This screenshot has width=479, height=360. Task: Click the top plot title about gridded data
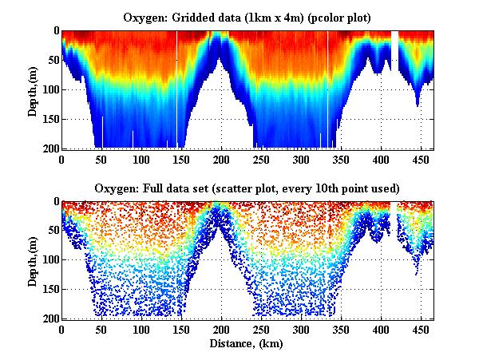click(x=248, y=17)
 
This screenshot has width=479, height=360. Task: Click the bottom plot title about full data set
click(x=248, y=188)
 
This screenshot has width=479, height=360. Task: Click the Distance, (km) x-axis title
click(x=247, y=343)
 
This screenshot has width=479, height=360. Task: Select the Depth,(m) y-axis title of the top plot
click(x=33, y=89)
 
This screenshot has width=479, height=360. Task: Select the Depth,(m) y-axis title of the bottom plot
click(x=33, y=260)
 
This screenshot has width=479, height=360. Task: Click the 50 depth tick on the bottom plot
click(x=53, y=231)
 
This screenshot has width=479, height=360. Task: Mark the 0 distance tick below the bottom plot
click(x=61, y=329)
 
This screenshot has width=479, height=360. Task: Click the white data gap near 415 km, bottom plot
click(x=394, y=208)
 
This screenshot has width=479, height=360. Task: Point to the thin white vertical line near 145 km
click(x=177, y=88)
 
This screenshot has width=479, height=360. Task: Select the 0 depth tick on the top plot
click(x=55, y=31)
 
